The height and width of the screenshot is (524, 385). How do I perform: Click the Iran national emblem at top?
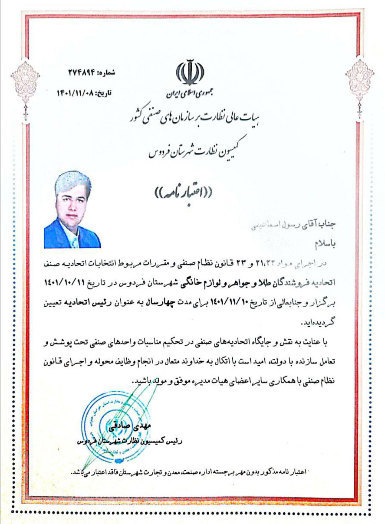point(189,73)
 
